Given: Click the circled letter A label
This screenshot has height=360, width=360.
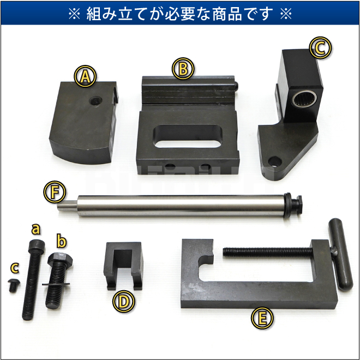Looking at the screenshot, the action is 85,76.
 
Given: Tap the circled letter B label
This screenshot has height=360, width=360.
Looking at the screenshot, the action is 183,68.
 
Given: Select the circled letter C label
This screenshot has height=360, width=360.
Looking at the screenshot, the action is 321,47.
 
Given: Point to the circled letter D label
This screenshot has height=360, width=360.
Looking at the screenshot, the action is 124,302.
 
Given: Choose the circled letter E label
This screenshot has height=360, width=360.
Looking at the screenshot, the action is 262,318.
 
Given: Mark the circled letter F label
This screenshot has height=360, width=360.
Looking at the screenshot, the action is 55,191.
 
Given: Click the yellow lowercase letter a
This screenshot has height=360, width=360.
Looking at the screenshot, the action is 36,229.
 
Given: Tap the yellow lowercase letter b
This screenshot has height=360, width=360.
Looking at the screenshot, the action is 62,241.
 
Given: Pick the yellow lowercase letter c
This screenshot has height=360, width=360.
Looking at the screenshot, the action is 15,268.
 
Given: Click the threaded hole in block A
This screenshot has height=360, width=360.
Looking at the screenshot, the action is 95,101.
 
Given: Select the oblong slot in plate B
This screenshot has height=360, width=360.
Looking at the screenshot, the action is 188,136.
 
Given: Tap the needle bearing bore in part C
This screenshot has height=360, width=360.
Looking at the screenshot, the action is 304,99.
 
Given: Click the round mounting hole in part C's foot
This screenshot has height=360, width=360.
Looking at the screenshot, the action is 275,162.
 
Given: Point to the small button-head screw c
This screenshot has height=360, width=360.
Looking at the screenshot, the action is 13,285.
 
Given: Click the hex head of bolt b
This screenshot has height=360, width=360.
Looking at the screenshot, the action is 60,260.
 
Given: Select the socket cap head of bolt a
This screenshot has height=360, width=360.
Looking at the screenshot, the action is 37,247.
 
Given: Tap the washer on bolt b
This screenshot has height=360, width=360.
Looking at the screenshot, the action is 56,284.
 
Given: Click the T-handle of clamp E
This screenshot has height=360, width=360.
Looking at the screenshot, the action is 340,254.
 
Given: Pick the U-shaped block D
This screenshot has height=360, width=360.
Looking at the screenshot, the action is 123,266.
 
